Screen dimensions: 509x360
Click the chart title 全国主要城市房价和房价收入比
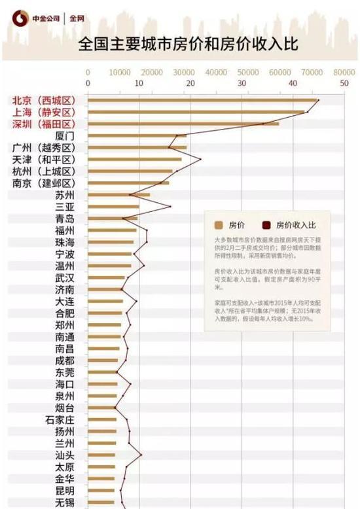(x=188, y=44)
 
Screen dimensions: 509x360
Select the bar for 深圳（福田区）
(x=183, y=124)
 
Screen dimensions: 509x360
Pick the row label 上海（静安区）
(x=44, y=113)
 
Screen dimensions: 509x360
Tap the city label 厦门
(x=65, y=136)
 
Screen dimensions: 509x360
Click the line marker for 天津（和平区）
(x=200, y=159)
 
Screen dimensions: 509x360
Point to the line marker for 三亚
(x=170, y=207)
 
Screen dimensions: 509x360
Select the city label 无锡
(x=65, y=502)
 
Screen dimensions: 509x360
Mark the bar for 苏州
(x=118, y=195)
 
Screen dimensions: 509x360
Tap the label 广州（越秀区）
(x=44, y=148)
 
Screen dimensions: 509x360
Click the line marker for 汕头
(x=141, y=455)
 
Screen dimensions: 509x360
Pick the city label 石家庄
(x=60, y=419)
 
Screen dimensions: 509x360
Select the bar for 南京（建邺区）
(x=128, y=183)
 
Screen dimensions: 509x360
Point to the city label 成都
(x=65, y=360)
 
